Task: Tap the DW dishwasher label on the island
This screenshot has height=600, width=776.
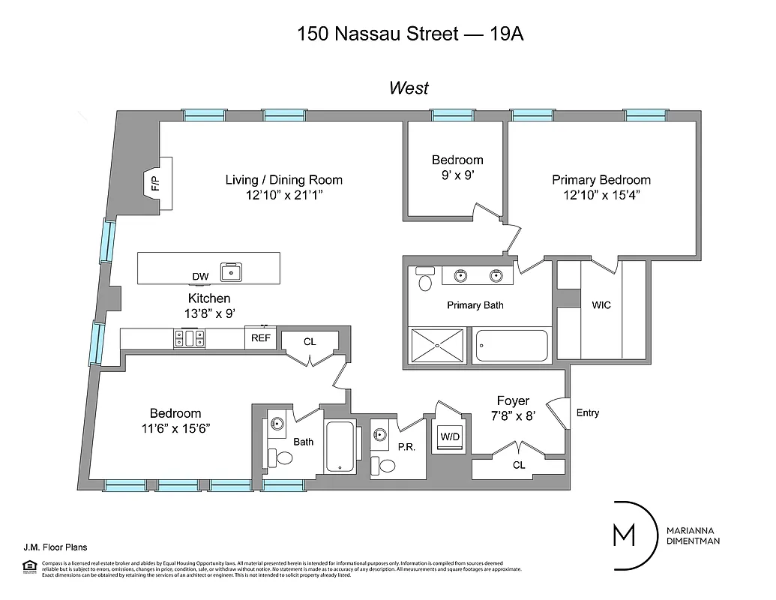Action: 200,277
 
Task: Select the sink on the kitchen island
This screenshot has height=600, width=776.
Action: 230,272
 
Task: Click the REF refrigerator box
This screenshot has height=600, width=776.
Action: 260,338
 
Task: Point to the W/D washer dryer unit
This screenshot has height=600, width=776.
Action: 449,436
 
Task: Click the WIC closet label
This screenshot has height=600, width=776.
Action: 601,305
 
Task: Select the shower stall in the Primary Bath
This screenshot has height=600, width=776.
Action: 437,346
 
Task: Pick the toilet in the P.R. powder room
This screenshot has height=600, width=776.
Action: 387,465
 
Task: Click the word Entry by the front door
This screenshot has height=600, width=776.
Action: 587,412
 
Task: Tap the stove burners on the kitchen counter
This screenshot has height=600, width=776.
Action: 190,338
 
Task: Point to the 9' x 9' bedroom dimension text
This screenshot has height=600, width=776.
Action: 457,175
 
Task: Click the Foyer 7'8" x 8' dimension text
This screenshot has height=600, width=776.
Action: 514,415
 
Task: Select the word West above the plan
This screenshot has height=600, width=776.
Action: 409,88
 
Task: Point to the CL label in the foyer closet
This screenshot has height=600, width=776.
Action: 519,465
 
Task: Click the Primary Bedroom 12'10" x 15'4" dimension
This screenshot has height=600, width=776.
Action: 601,195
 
